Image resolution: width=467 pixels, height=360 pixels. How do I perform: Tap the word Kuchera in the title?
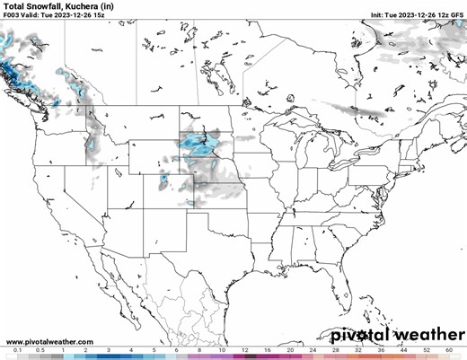click(84, 6)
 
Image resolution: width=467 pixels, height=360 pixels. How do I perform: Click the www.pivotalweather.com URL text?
click(48, 342)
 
